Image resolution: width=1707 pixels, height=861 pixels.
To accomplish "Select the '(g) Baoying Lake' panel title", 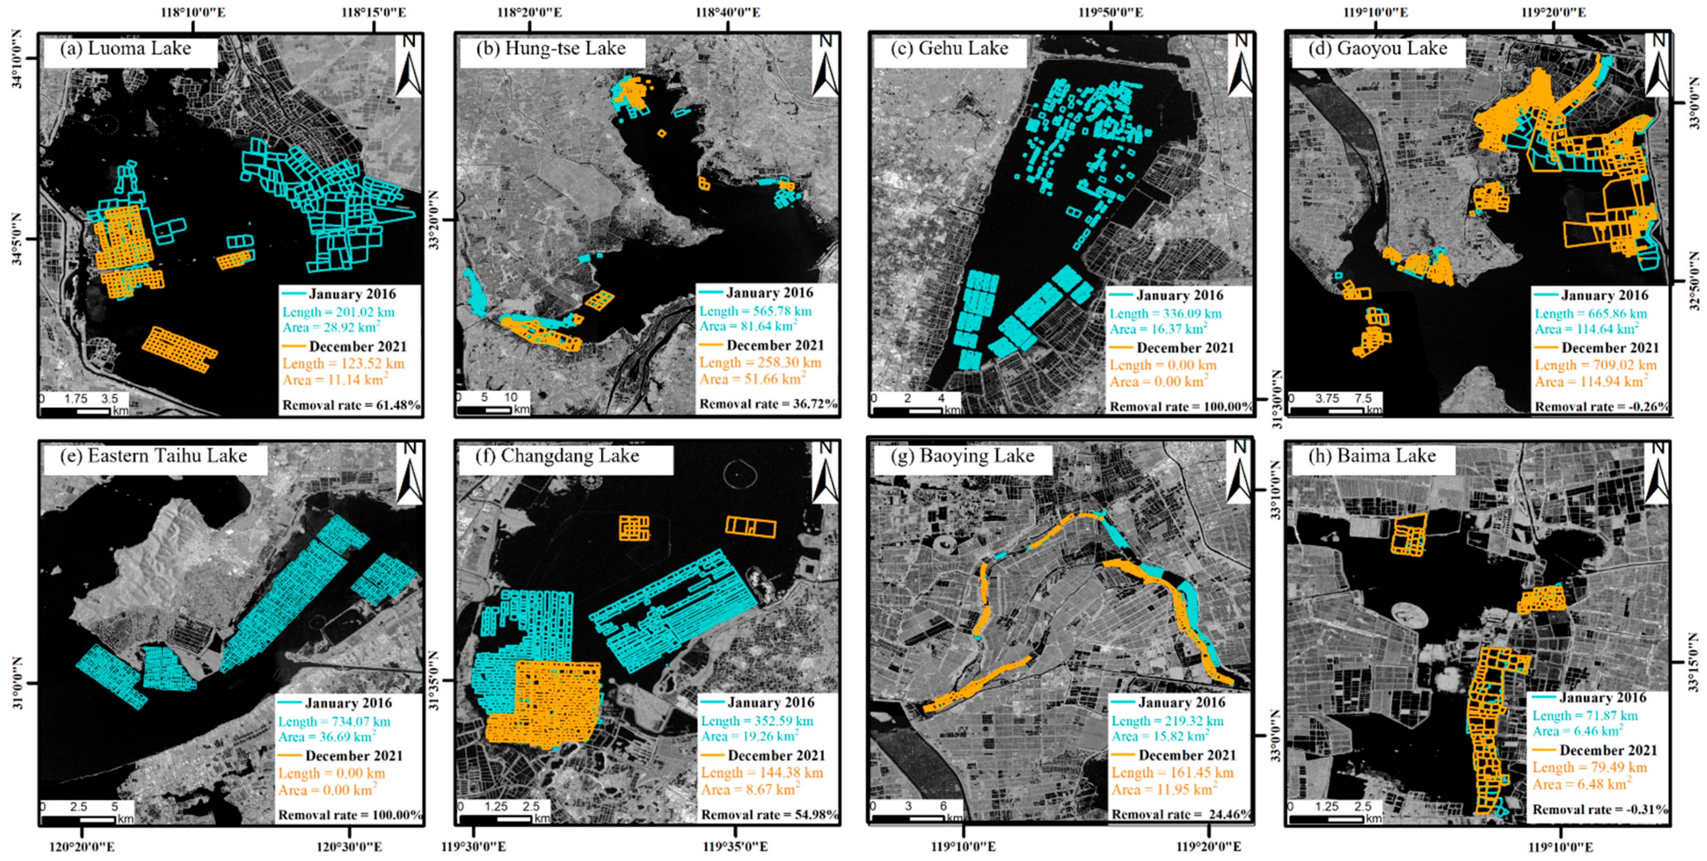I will [963, 456].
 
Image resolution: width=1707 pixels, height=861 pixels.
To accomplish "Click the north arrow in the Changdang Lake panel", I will [826, 472].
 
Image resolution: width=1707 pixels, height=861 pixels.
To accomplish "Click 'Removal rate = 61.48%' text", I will [351, 405].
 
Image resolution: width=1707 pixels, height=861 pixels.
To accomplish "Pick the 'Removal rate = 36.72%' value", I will [768, 404].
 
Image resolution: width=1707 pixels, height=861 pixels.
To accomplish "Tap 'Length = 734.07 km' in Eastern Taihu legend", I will [334, 721].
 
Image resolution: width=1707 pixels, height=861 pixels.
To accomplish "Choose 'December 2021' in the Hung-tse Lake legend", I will [775, 345].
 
